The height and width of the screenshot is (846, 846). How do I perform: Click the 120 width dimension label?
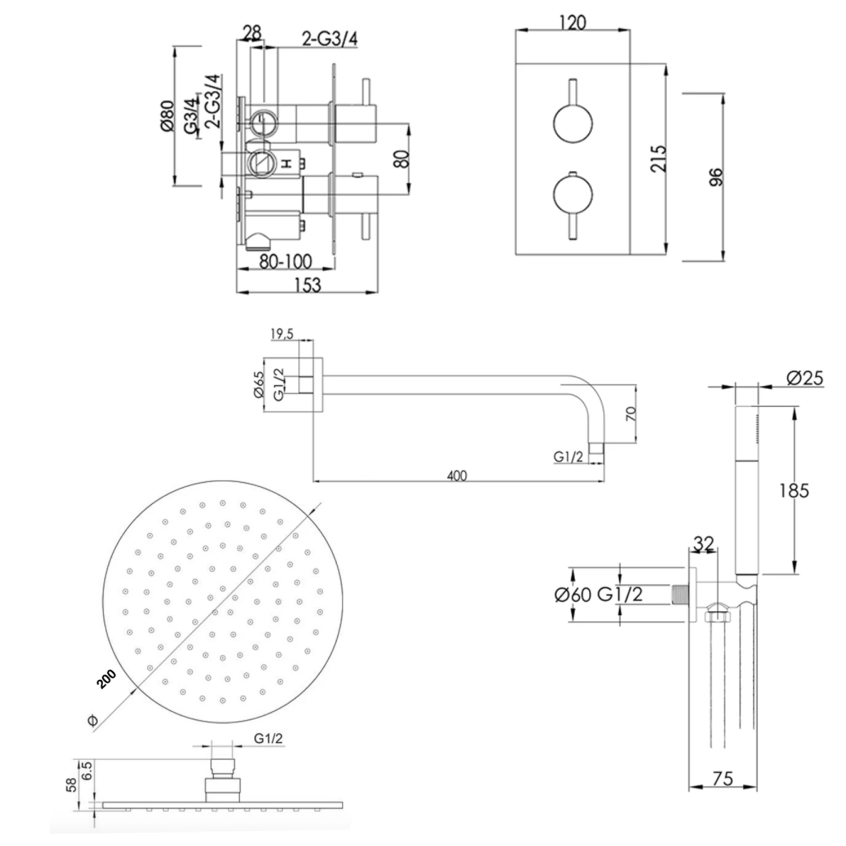[572, 23]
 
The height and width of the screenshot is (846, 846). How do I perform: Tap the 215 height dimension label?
[658, 158]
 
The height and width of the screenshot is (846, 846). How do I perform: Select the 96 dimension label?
[715, 178]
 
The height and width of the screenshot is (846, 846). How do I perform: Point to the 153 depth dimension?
[307, 285]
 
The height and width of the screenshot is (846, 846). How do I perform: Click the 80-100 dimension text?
[286, 262]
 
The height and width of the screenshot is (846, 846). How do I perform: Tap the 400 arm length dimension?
[457, 475]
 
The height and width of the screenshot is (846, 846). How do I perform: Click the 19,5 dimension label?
[282, 334]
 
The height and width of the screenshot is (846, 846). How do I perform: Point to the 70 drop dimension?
[631, 414]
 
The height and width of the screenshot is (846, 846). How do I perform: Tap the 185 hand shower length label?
[794, 491]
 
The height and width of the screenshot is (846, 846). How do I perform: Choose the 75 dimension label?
[722, 778]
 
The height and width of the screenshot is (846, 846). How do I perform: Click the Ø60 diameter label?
[573, 594]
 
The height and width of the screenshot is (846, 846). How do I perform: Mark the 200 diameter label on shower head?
[106, 679]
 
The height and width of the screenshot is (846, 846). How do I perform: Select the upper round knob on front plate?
[572, 124]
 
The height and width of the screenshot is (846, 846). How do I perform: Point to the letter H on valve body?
[287, 164]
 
